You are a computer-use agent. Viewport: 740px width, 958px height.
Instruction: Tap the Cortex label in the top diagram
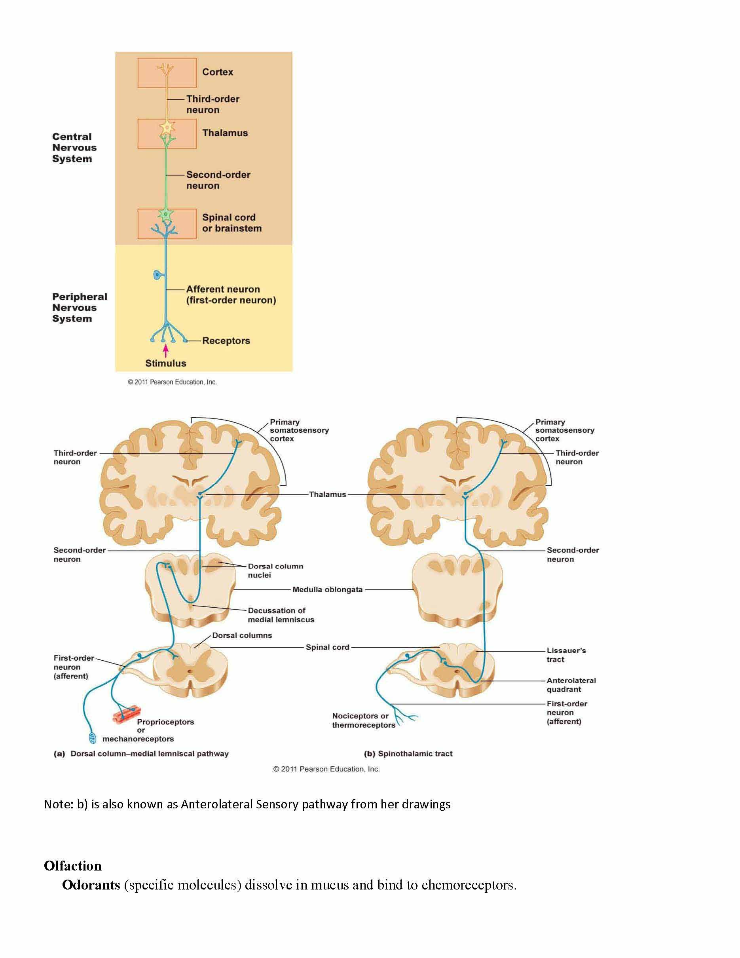[x=217, y=72]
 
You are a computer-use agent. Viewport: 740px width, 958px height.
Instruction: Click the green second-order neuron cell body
[x=166, y=215]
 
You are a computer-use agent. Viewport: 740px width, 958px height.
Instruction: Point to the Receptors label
[x=226, y=341]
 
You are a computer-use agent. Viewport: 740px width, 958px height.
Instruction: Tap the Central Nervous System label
[x=74, y=148]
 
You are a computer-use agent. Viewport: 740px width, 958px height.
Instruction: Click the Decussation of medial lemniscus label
[x=281, y=615]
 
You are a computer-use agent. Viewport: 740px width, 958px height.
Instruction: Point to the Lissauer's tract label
[x=565, y=655]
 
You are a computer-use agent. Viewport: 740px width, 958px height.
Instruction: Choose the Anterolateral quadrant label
[x=571, y=685]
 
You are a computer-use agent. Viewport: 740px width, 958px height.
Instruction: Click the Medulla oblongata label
[x=328, y=589]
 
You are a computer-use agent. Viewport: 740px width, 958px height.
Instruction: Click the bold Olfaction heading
[x=73, y=866]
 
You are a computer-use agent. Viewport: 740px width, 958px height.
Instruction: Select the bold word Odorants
[x=91, y=885]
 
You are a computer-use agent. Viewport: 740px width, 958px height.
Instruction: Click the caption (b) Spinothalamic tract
[x=408, y=754]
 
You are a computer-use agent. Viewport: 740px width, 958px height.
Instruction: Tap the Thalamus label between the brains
[x=328, y=494]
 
